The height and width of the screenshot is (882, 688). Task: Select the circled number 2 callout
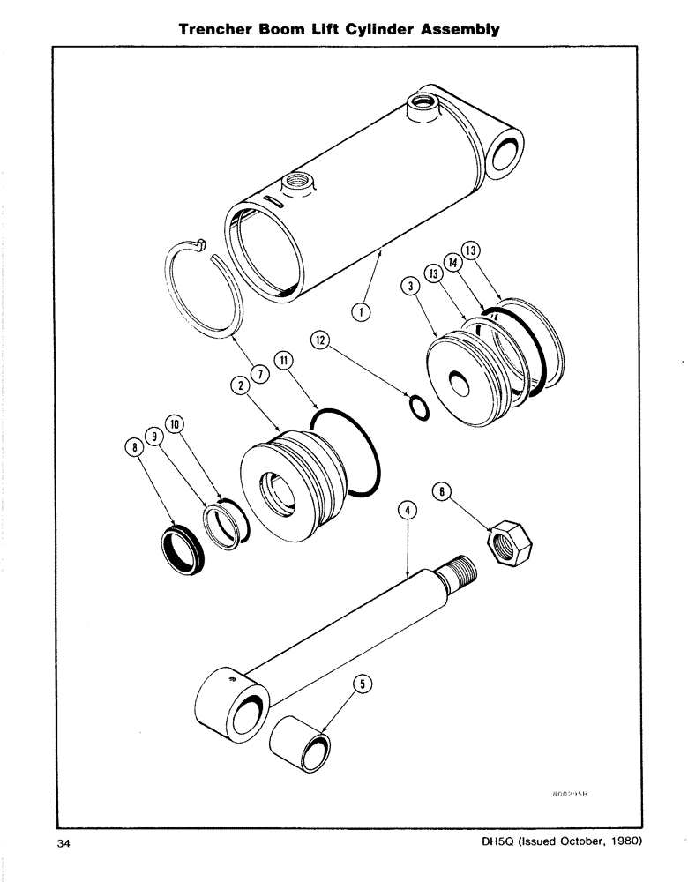(x=238, y=384)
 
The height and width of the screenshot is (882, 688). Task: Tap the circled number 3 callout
(x=410, y=286)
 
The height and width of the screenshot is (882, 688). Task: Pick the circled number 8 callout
(x=135, y=448)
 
